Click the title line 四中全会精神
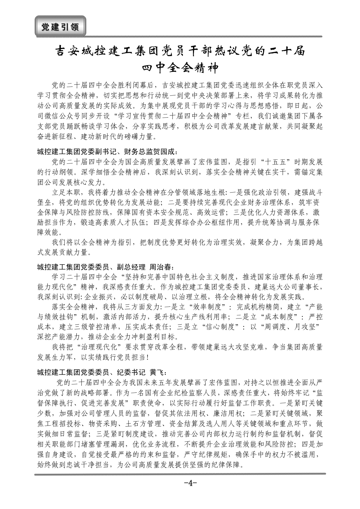[180, 67]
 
